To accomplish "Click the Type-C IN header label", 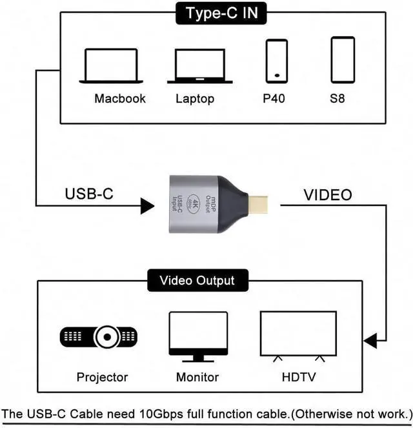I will [220, 12].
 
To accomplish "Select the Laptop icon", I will [199, 66].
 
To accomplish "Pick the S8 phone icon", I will [342, 59].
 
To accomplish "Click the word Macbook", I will [120, 99].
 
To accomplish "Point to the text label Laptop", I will [195, 99].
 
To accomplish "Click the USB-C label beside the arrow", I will [89, 194].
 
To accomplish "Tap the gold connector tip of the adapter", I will [263, 204].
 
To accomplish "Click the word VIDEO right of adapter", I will [328, 194].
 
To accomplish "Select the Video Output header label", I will [197, 281].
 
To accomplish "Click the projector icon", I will [99, 336].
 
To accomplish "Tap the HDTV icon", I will [297, 335].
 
